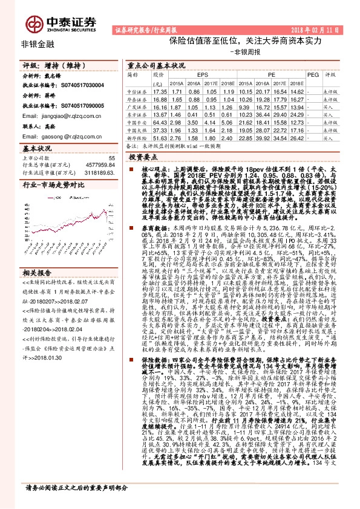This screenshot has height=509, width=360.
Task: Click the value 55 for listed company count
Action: (111, 158)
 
